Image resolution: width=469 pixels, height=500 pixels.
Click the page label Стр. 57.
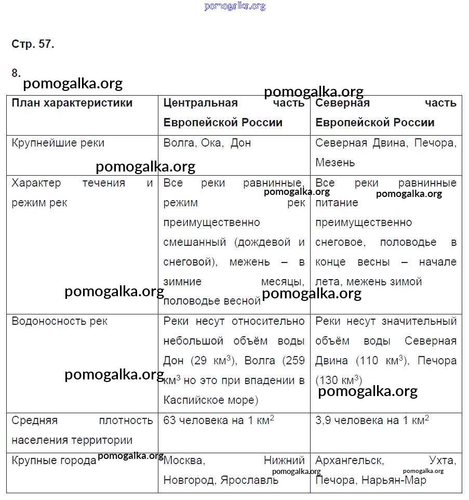(x=33, y=44)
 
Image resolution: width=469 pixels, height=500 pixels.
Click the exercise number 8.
(x=16, y=73)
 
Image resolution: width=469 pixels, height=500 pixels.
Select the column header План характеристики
(x=72, y=103)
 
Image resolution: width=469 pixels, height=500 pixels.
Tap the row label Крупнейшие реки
(x=58, y=143)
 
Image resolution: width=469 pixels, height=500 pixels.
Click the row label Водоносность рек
(x=59, y=321)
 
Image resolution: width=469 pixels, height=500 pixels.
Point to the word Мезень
(x=335, y=163)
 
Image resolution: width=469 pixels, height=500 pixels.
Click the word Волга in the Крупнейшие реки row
(x=178, y=143)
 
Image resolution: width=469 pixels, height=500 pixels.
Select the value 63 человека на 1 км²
(x=219, y=420)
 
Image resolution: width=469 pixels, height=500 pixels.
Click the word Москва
(x=184, y=460)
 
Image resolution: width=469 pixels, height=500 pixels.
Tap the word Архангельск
(x=349, y=460)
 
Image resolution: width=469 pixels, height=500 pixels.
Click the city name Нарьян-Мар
(x=394, y=480)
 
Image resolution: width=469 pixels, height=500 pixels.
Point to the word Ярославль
(x=249, y=480)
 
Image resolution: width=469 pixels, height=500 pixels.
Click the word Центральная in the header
(x=200, y=103)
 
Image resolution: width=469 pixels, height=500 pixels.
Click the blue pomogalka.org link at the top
(x=235, y=6)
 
